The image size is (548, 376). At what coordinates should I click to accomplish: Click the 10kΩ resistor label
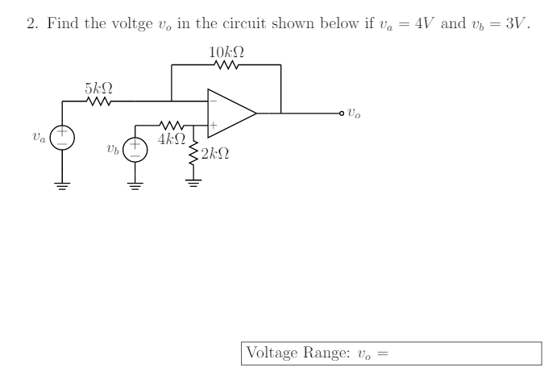tap(226, 52)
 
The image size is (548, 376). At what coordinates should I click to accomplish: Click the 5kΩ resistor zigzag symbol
tap(98, 101)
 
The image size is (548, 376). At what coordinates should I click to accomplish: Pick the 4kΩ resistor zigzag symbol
tap(172, 126)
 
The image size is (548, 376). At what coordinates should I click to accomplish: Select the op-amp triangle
tap(230, 114)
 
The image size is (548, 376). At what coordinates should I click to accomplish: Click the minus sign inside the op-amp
tap(214, 102)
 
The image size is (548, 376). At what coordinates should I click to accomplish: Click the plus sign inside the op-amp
tap(214, 126)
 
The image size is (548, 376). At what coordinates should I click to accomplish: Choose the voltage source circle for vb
tap(135, 149)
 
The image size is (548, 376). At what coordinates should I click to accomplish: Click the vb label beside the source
tap(112, 150)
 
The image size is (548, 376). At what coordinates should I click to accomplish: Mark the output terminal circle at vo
tap(341, 114)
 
